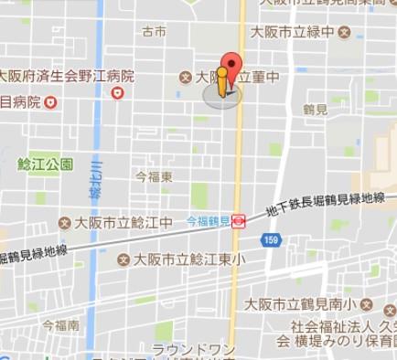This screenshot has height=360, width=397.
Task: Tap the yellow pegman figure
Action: pos(221,81)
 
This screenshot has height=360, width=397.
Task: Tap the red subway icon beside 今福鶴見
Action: pos(238,220)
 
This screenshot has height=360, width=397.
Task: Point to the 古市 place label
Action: pos(154,32)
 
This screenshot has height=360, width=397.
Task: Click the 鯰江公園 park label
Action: pos(45,164)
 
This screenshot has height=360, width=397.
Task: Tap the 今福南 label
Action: pos(59,324)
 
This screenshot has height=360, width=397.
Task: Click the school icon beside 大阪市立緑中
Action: pos(344,32)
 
